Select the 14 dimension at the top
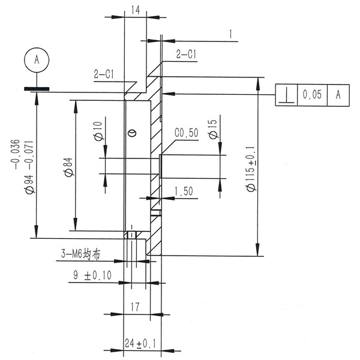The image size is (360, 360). [x=135, y=10]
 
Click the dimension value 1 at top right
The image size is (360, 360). [x=231, y=34]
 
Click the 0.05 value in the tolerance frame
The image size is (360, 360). [x=312, y=95]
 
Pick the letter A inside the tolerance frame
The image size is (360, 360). [x=338, y=95]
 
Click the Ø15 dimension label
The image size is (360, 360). [x=212, y=130]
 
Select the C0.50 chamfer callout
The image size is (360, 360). [x=186, y=133]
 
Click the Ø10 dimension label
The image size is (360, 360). [x=98, y=130]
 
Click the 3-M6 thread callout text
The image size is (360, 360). [x=80, y=254]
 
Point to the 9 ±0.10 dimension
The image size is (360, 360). [x=91, y=275]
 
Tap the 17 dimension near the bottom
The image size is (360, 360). [x=135, y=307]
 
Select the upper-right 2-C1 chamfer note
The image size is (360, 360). [x=187, y=54]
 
